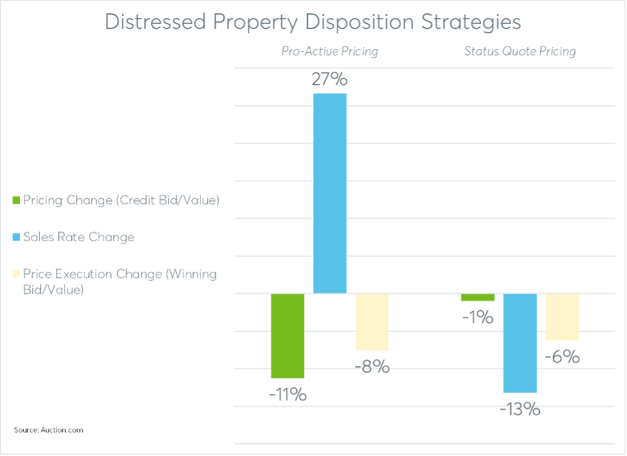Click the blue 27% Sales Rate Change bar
pos(330,193)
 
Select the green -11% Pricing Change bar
pos(287,336)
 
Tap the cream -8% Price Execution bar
pos(372,322)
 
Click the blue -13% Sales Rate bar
pos(520,343)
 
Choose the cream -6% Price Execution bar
pos(562,317)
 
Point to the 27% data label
pos(330,80)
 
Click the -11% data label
pos(287,395)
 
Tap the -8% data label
pos(372,366)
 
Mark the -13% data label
pos(520,410)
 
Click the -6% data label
pos(562,357)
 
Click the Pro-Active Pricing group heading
pos(330,51)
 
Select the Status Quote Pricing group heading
pos(520,51)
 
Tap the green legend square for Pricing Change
pos(17,200)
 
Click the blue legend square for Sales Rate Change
pos(17,237)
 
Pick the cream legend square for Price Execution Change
pos(17,274)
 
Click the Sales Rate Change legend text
pos(78,237)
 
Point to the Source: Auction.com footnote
pos(48,430)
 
